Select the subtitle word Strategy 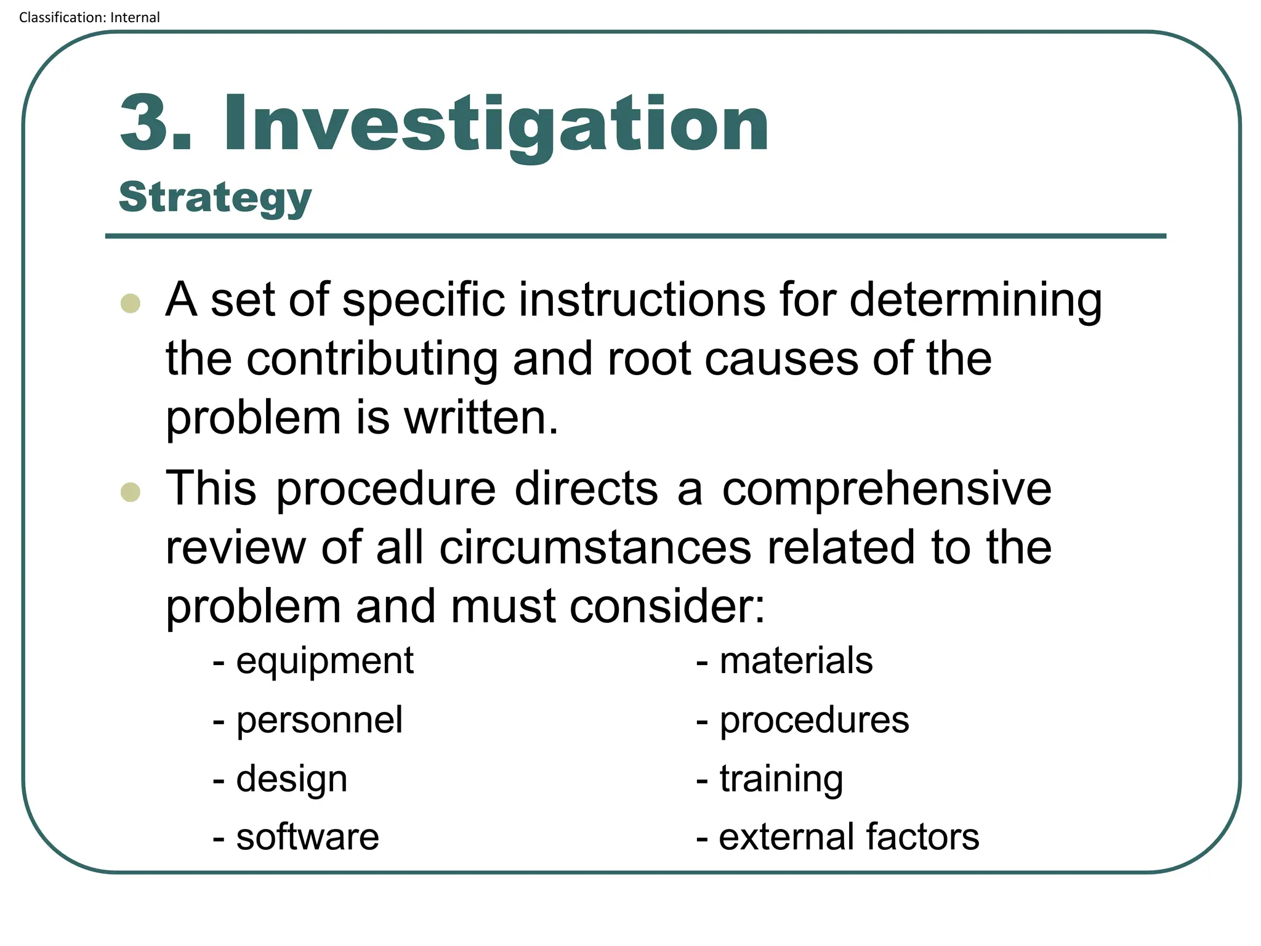point(215,198)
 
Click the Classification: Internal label point(89,17)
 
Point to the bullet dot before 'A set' point(131,303)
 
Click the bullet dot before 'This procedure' point(131,492)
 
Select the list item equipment point(324,662)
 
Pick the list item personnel point(319,720)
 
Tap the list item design point(292,779)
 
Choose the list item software point(307,837)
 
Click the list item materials point(796,661)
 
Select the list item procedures point(814,720)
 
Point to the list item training point(781,779)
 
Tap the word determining point(975,300)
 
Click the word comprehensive point(887,490)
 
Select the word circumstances point(595,548)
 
